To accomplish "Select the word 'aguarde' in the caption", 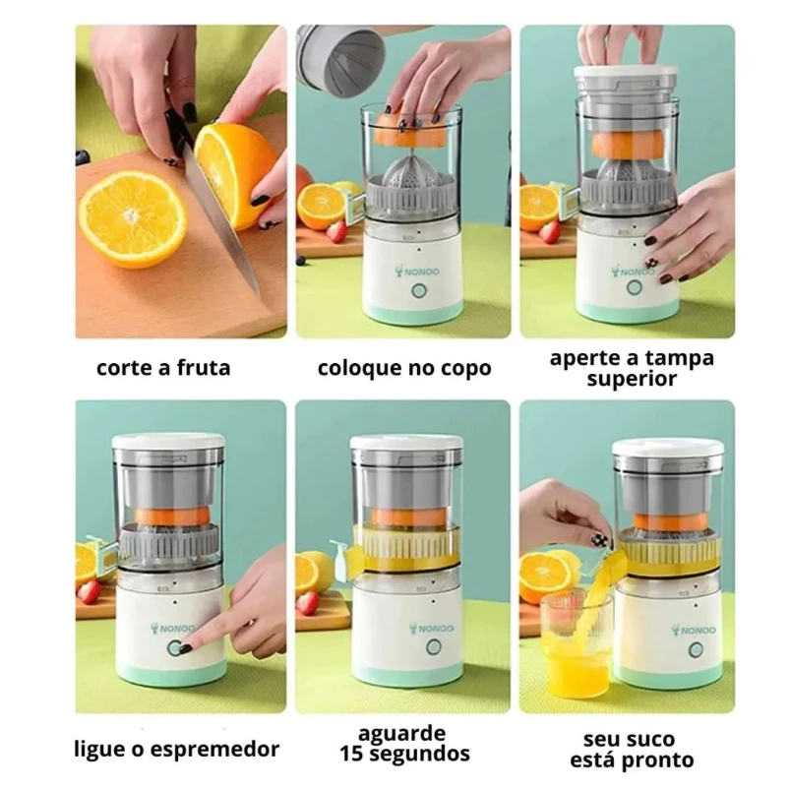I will (402, 733).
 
